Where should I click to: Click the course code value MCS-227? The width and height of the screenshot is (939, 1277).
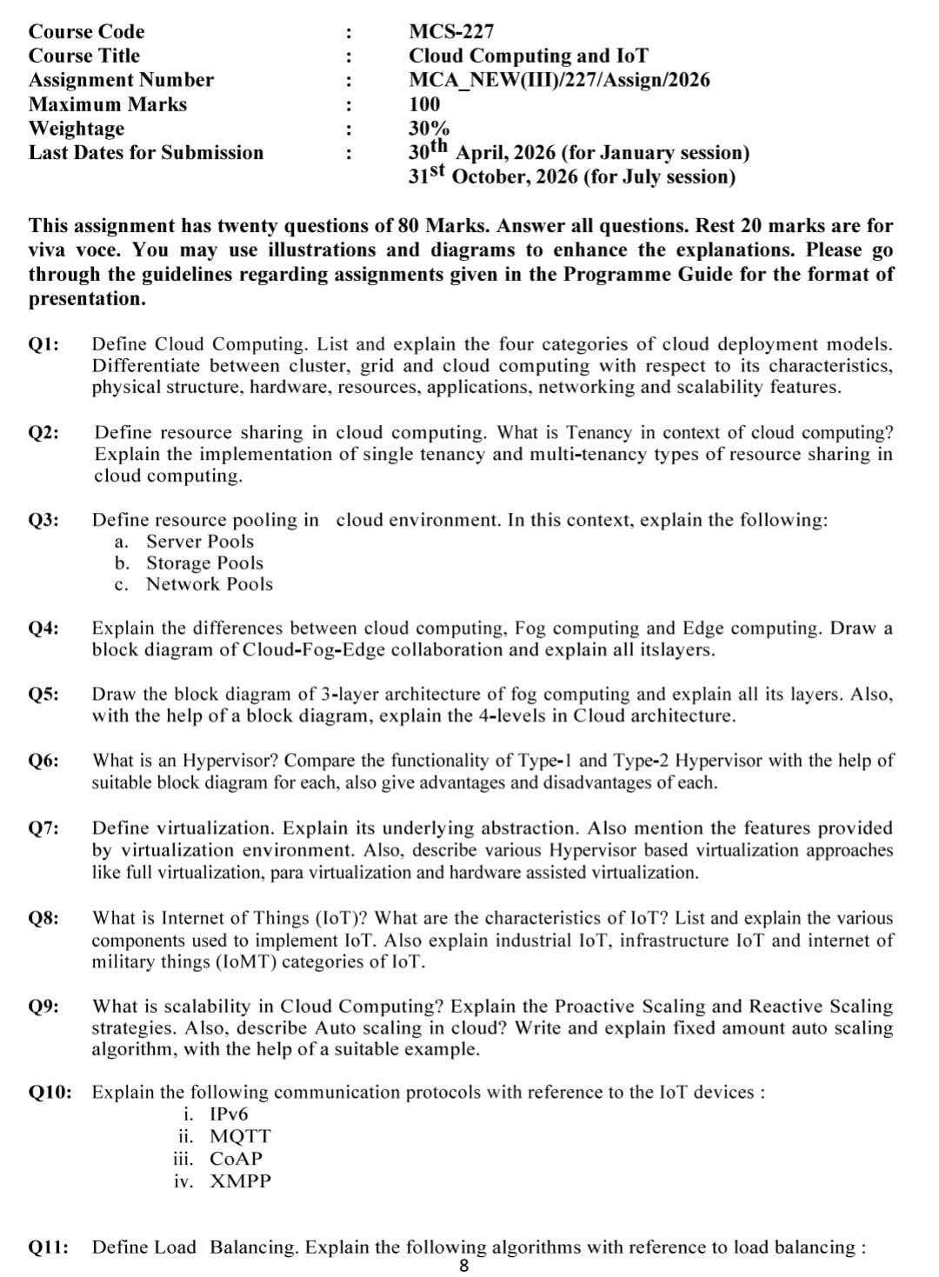click(x=450, y=32)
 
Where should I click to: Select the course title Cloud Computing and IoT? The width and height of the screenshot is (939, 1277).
click(x=528, y=57)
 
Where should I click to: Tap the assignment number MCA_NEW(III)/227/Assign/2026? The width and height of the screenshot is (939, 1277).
click(x=558, y=81)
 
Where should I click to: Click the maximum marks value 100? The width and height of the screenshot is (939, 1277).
click(x=424, y=105)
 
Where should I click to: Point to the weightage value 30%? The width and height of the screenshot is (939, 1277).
click(x=429, y=129)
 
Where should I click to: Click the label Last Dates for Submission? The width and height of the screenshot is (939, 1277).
click(x=146, y=153)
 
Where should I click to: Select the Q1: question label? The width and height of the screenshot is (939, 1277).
click(x=44, y=344)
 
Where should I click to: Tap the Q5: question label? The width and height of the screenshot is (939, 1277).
click(x=44, y=695)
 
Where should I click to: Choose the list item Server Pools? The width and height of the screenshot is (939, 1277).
click(x=200, y=542)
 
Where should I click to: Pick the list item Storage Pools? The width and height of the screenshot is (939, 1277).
click(x=204, y=563)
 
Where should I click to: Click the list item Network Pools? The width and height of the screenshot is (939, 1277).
click(x=209, y=584)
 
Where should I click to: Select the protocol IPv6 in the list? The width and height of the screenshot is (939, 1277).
click(x=229, y=1114)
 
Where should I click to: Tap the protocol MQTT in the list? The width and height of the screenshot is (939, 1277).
click(x=240, y=1137)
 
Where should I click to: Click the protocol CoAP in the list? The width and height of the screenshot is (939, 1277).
click(x=236, y=1159)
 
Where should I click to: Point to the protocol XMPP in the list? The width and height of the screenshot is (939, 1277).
click(x=240, y=1181)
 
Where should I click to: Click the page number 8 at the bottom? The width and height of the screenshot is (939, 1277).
click(x=463, y=1267)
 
